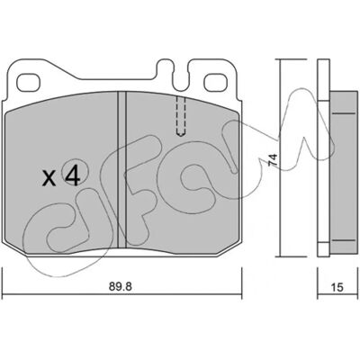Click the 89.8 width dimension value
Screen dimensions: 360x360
click(x=120, y=287)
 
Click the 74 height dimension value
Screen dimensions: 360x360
click(x=273, y=160)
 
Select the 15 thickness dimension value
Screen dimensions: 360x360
click(x=337, y=287)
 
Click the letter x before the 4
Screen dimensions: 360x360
click(x=49, y=178)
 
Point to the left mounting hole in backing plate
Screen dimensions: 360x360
click(x=29, y=83)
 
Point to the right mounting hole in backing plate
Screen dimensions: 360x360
click(x=215, y=82)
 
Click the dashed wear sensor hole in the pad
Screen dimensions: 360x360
click(x=181, y=116)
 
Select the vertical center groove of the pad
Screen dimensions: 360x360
click(x=121, y=169)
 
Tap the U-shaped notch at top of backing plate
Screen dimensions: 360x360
click(x=181, y=78)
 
